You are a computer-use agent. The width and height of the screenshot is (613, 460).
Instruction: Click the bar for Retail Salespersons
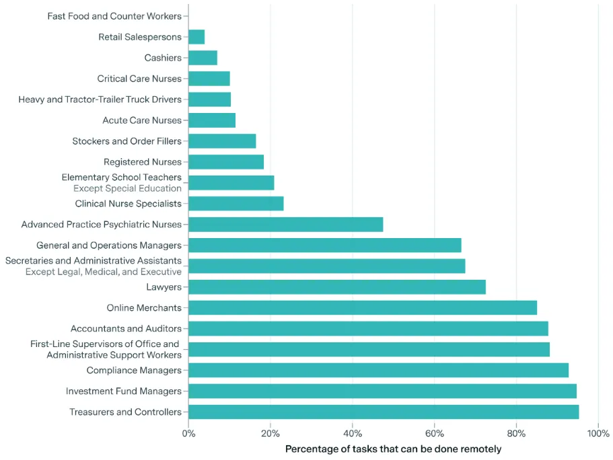[x=196, y=37]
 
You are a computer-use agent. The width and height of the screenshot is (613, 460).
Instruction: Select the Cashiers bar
[x=203, y=58]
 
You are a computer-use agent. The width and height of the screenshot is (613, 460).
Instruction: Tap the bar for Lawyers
[x=336, y=287]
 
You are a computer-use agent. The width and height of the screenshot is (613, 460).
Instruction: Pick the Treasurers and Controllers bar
[x=384, y=412]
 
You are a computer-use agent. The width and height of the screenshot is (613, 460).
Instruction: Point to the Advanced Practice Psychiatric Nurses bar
[x=285, y=225]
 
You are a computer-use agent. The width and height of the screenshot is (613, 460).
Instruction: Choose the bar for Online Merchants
[x=363, y=308]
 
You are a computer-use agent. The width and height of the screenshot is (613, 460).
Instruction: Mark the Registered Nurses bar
[x=226, y=162]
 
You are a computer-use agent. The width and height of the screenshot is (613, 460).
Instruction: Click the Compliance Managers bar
[x=378, y=371]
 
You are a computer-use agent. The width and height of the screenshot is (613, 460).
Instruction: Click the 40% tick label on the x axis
[x=353, y=434]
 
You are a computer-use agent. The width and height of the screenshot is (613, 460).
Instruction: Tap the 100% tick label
[x=598, y=434]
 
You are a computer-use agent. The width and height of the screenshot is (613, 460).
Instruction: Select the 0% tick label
[x=189, y=434]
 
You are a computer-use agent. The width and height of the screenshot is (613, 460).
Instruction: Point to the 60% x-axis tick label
[x=435, y=434]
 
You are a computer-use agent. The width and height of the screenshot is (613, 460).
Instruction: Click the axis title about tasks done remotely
[x=393, y=449]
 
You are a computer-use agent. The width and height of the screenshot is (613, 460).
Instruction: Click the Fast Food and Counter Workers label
[x=114, y=16]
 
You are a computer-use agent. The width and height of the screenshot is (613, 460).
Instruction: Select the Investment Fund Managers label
[x=124, y=391]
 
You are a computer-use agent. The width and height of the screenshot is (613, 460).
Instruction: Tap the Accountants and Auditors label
[x=126, y=329]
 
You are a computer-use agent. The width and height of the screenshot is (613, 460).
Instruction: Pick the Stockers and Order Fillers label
[x=127, y=141]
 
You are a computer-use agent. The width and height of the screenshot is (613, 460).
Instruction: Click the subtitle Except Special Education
[x=127, y=188]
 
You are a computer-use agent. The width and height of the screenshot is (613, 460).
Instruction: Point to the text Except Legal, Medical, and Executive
[x=104, y=272]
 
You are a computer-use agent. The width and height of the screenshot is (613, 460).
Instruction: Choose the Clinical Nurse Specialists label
[x=129, y=204]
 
